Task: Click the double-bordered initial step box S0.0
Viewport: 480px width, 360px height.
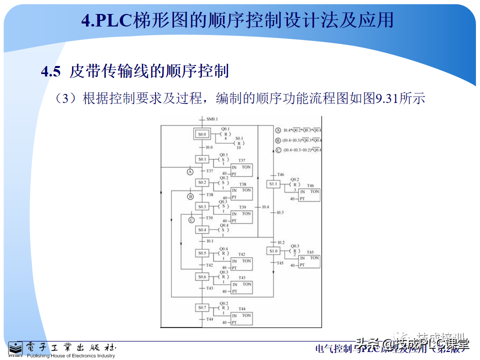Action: [202, 134]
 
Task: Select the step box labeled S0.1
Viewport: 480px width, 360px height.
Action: [202, 159]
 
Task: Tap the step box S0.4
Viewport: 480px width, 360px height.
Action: [202, 230]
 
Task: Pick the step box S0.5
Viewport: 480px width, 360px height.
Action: [202, 253]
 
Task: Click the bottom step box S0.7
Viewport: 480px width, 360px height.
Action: [202, 307]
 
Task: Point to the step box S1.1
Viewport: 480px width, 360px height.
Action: [273, 184]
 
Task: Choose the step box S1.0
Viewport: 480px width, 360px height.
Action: [273, 251]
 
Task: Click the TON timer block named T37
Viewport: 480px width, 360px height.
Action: [241, 170]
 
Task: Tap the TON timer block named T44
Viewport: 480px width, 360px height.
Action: [241, 318]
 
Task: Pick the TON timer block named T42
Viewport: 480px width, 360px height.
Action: [241, 264]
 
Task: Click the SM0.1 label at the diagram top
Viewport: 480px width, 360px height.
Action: [213, 119]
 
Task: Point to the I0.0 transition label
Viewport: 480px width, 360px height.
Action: [209, 147]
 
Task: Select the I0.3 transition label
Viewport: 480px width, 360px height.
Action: [280, 212]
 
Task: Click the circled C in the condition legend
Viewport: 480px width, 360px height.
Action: [278, 149]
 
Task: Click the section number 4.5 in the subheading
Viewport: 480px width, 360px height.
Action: [51, 71]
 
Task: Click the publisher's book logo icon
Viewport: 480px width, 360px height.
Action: [15, 349]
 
